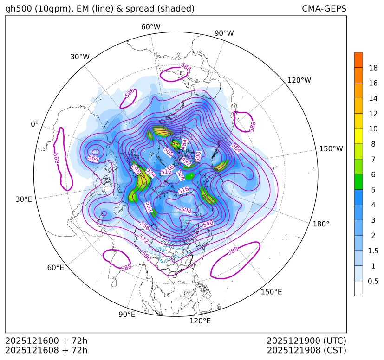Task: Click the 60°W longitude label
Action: pos(150,27)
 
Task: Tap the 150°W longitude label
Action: pos(331,149)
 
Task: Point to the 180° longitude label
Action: pos(321,224)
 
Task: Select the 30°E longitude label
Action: pos(24,199)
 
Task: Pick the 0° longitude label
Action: pos(34,124)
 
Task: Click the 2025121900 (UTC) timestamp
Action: pos(306,341)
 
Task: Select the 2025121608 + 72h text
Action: pos(46,350)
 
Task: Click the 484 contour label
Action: pos(183,144)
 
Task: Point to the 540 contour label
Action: pos(208,224)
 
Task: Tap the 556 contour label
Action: pos(144,225)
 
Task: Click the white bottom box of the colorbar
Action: pos(358,289)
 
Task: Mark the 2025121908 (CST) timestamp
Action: pos(306,350)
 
